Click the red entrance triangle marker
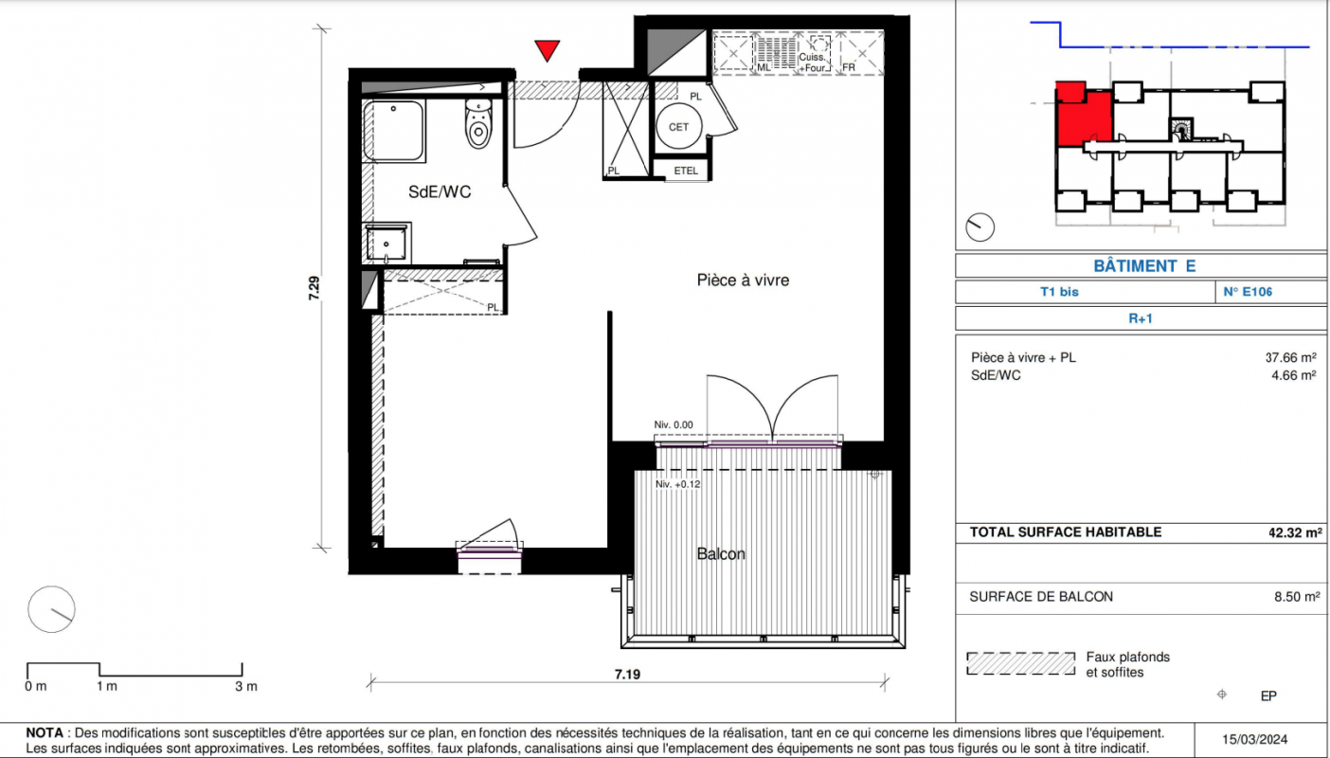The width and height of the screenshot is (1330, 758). (x=547, y=50)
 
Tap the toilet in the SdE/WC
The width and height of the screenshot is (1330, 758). (x=478, y=123)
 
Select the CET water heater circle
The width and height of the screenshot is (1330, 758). (x=678, y=127)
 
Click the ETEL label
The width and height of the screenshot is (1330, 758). (x=686, y=171)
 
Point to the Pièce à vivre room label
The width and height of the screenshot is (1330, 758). (x=743, y=280)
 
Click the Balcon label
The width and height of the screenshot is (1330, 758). (x=721, y=553)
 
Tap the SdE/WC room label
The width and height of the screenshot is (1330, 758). (x=440, y=192)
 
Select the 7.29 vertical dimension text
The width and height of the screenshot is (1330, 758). (x=315, y=288)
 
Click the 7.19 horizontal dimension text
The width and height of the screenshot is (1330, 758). (x=628, y=675)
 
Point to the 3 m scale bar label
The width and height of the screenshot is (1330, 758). (x=246, y=687)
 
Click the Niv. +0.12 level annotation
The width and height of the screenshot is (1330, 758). (x=678, y=484)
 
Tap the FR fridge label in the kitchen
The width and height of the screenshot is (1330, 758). (x=849, y=67)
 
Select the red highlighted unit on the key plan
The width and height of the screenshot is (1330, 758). (x=1083, y=115)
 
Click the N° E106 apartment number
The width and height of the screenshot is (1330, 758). (x=1248, y=292)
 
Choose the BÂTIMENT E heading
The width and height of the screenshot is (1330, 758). (x=1144, y=265)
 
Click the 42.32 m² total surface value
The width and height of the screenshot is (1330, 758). (x=1295, y=532)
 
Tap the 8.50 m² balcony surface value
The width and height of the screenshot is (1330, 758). (x=1297, y=596)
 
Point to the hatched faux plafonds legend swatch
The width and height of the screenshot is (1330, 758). (x=1020, y=663)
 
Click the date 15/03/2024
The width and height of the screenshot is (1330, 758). (x=1254, y=740)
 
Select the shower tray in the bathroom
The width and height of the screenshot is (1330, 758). (x=394, y=131)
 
